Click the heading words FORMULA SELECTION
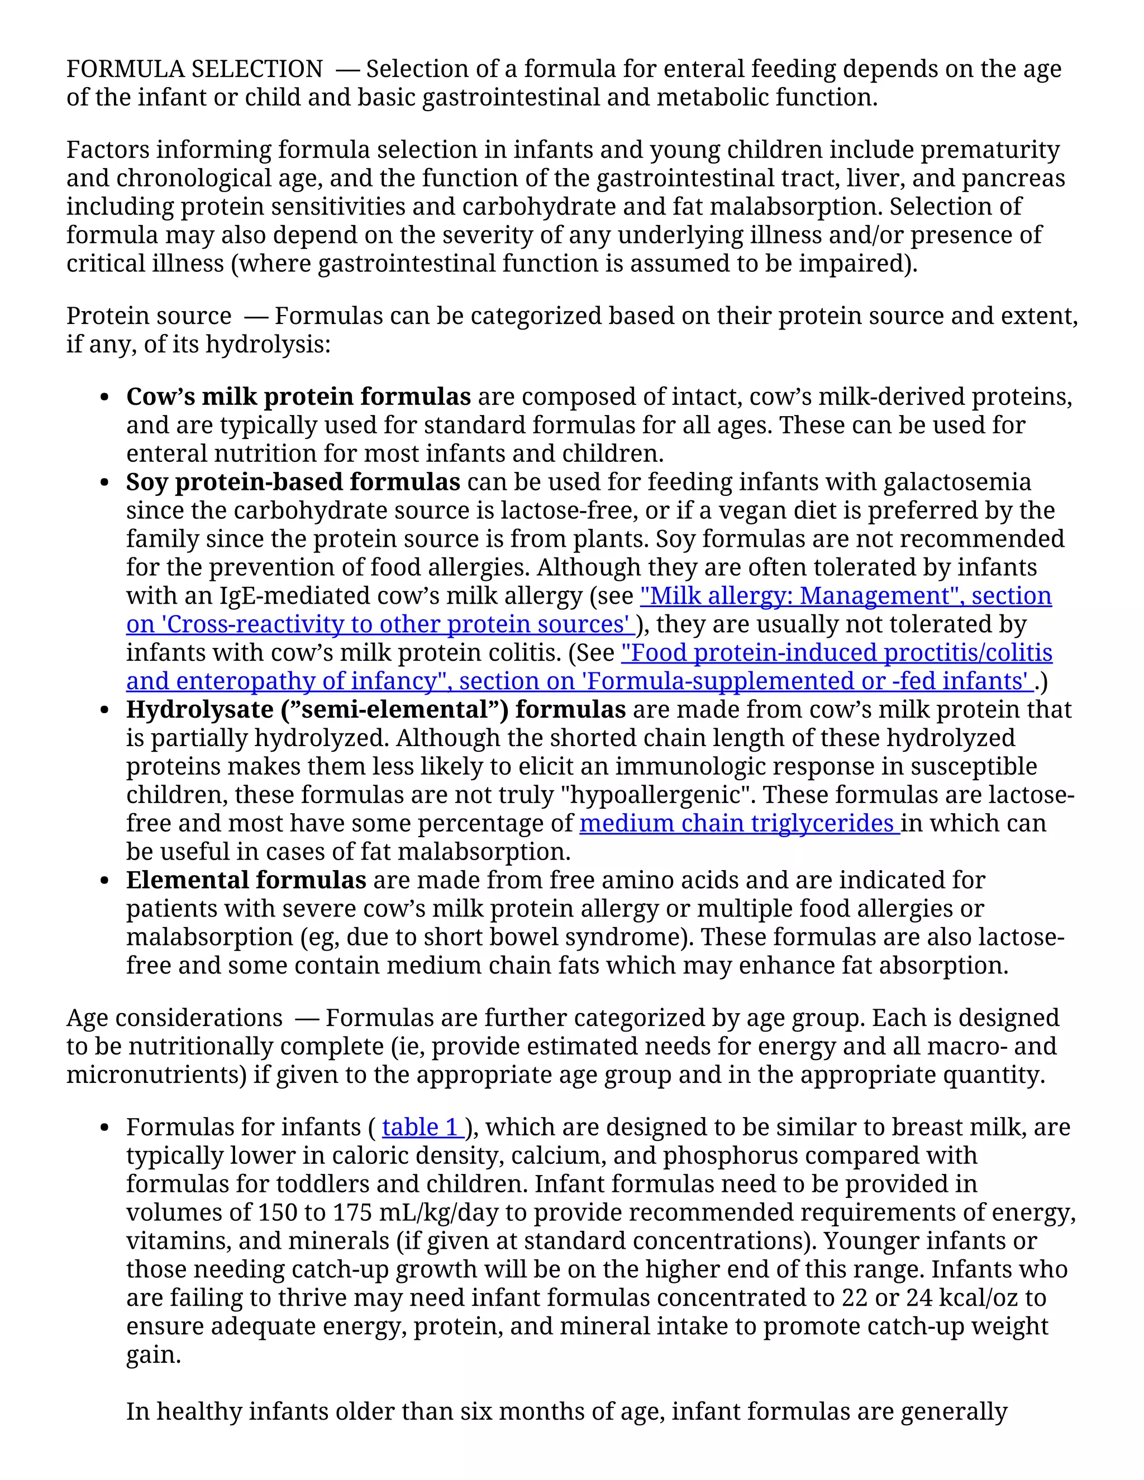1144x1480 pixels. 194,69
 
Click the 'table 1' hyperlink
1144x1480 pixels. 422,1127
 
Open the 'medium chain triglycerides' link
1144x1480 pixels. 738,823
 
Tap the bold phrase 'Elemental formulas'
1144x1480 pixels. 246,880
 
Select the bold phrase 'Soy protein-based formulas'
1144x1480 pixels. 293,482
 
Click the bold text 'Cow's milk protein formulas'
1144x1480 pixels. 298,397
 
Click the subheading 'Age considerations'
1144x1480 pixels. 174,1018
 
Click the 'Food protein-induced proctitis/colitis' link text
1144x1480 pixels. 836,652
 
